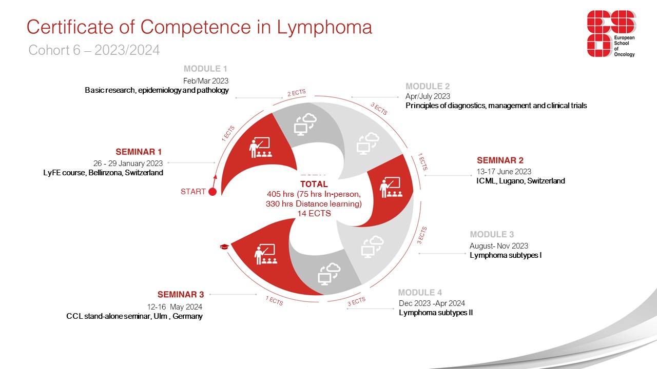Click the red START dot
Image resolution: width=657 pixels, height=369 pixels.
tap(212, 192)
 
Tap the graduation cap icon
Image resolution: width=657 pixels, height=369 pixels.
tap(224, 247)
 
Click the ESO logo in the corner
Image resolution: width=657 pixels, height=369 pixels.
tap(611, 34)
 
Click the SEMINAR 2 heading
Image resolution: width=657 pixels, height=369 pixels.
tap(500, 160)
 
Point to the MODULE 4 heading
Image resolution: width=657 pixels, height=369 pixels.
tap(420, 293)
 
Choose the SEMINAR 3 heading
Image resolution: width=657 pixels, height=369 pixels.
tap(181, 294)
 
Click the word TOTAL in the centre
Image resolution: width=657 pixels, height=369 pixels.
tap(314, 184)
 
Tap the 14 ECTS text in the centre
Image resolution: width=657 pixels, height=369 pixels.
tap(314, 214)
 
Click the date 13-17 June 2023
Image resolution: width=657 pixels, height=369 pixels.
tap(504, 172)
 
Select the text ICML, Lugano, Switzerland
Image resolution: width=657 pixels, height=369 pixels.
tap(520, 181)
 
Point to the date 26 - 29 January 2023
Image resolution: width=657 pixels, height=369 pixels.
tap(128, 163)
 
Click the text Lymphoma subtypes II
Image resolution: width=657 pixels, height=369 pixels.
tap(436, 313)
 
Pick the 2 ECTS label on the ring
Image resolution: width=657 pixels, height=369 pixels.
tap(296, 93)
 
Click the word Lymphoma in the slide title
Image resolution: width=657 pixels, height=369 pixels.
tap(324, 27)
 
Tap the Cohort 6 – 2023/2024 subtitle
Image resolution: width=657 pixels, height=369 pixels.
tap(94, 50)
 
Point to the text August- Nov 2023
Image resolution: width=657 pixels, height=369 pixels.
tap(499, 246)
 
